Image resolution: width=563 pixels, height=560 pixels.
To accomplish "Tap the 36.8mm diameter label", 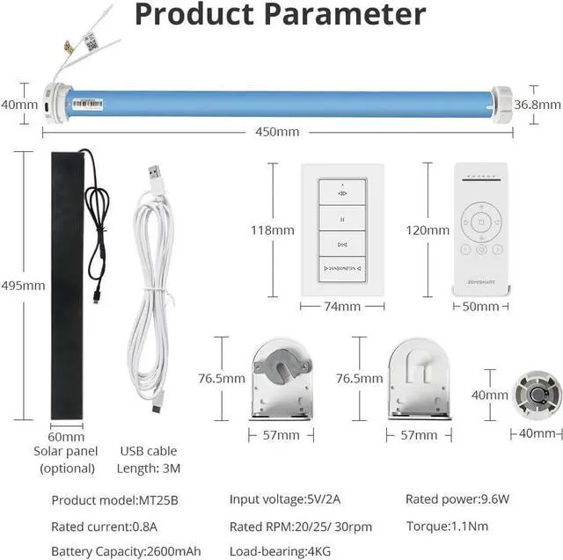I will pos(538,104).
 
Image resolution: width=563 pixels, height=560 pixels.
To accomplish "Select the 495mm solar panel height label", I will pos(23,285).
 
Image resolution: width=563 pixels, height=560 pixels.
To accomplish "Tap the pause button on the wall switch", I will pos(342,217).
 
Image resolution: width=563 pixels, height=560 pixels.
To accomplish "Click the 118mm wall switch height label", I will pos(273,230).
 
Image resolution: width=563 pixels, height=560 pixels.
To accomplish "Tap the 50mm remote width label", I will pos(480,307).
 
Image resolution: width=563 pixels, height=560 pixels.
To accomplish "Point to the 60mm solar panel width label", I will pos(66,437).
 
